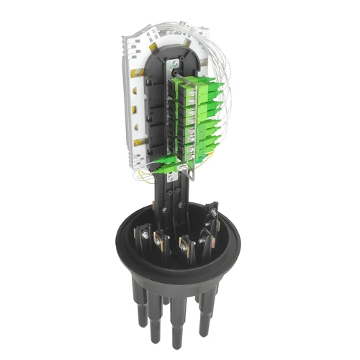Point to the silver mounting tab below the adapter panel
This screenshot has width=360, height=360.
190,171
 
